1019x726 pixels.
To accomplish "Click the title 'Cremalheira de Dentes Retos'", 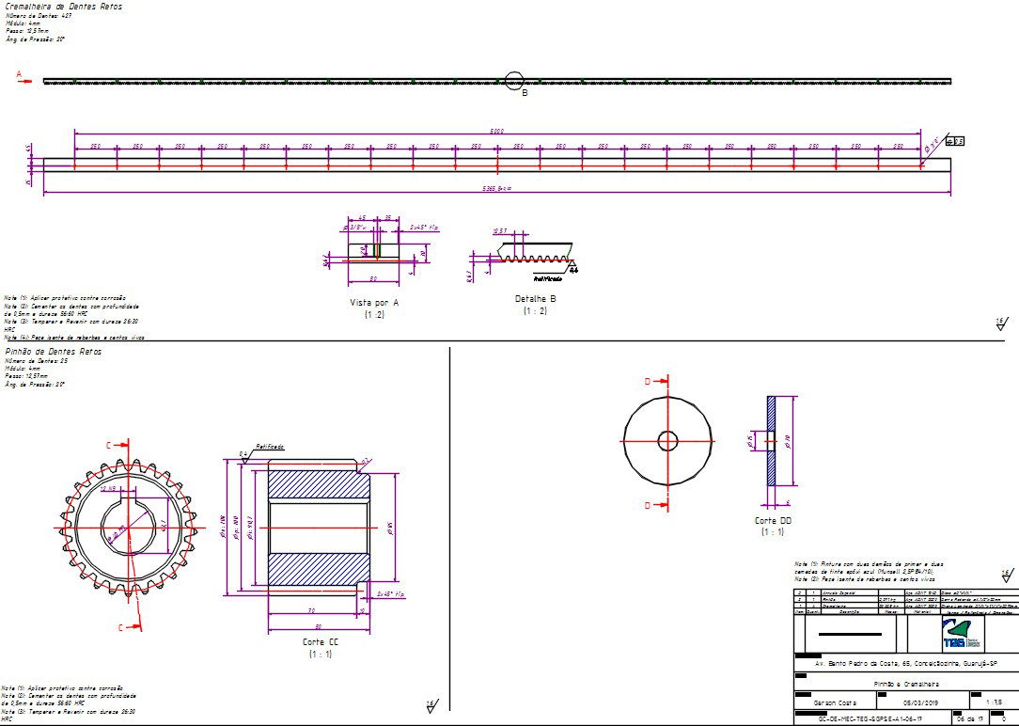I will coord(62,7).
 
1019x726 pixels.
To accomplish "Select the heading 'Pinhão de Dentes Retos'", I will coord(54,351).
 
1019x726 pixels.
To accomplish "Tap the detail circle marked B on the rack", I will coord(513,81).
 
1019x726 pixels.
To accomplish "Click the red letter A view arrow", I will coord(19,74).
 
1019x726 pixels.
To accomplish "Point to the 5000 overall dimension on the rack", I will coord(497,132).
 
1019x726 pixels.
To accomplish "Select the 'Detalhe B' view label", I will coord(535,299).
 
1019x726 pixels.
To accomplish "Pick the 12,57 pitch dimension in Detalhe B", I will coord(500,230).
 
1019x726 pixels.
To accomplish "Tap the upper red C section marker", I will coord(108,444).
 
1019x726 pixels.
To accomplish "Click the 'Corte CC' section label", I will coord(321,642).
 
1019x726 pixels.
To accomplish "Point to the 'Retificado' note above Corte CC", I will coord(270,448).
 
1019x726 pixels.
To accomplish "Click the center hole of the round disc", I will coord(667,440).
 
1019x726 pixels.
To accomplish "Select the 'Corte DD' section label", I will coord(773,520).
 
